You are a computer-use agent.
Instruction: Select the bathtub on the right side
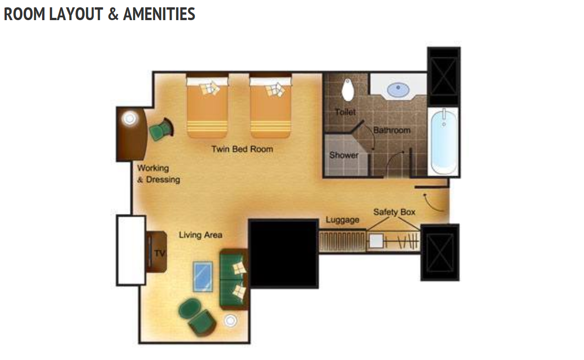[x=443, y=142]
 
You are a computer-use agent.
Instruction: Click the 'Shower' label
[x=344, y=155]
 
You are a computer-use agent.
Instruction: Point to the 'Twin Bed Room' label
[x=242, y=149]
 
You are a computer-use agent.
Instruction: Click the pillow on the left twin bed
[x=210, y=88]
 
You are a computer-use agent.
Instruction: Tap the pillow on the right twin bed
[x=275, y=90]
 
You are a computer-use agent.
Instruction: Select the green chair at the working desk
[x=161, y=129]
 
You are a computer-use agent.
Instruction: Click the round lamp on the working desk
[x=130, y=119]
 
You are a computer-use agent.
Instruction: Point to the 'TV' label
[x=160, y=253]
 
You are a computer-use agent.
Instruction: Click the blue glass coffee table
[x=203, y=276]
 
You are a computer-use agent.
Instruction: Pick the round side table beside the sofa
[x=231, y=321]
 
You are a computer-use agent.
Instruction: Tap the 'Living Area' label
[x=200, y=235]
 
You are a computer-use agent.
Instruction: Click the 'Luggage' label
[x=343, y=220]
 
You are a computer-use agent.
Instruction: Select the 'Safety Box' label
[x=394, y=212]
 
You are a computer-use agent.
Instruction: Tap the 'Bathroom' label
[x=392, y=130]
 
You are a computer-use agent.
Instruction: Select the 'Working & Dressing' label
[x=159, y=174]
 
